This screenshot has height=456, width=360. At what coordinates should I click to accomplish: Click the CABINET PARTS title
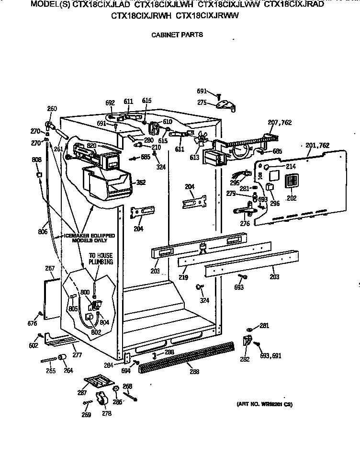click(177, 34)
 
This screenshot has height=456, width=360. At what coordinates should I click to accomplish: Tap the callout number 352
click(140, 182)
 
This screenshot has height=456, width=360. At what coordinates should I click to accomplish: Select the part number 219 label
click(184, 277)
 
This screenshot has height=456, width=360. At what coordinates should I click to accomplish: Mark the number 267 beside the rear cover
click(50, 268)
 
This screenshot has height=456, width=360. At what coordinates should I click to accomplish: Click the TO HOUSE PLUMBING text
click(101, 259)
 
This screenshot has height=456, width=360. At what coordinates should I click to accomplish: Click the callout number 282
click(245, 359)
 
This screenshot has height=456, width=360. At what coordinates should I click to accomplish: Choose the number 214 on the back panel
click(291, 166)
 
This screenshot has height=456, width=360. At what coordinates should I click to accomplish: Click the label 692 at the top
click(110, 102)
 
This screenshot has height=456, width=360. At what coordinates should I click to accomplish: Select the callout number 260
click(52, 108)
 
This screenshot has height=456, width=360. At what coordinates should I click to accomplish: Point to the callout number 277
click(77, 355)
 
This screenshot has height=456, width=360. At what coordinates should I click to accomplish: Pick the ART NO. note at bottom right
click(264, 404)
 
